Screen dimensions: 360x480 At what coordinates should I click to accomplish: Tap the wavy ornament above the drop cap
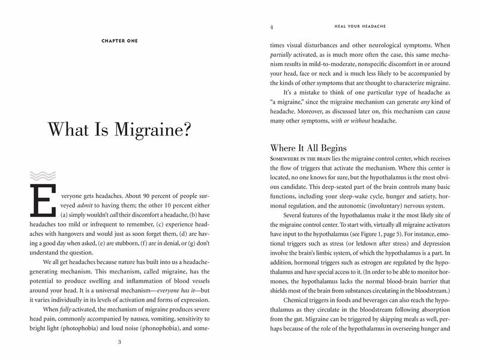click(x=38, y=176)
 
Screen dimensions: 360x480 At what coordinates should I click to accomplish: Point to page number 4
click(x=272, y=27)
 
